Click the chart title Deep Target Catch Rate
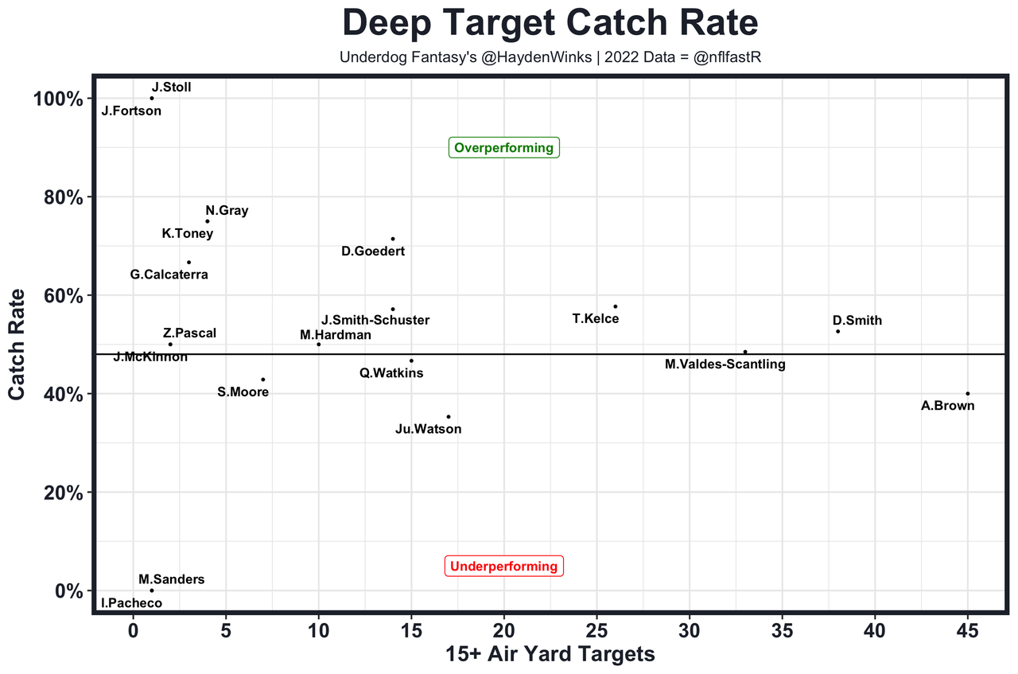click(x=550, y=24)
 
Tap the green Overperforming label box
click(x=504, y=148)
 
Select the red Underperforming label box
click(x=504, y=567)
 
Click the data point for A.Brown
click(x=968, y=393)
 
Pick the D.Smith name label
click(x=857, y=321)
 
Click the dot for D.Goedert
click(x=393, y=239)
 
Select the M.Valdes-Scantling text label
click(x=725, y=364)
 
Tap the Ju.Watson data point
click(x=449, y=416)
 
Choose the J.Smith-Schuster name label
click(x=375, y=320)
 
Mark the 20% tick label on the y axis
click(x=58, y=493)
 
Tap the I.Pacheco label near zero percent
click(x=131, y=603)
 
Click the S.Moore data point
click(x=263, y=379)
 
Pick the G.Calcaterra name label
click(x=169, y=275)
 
